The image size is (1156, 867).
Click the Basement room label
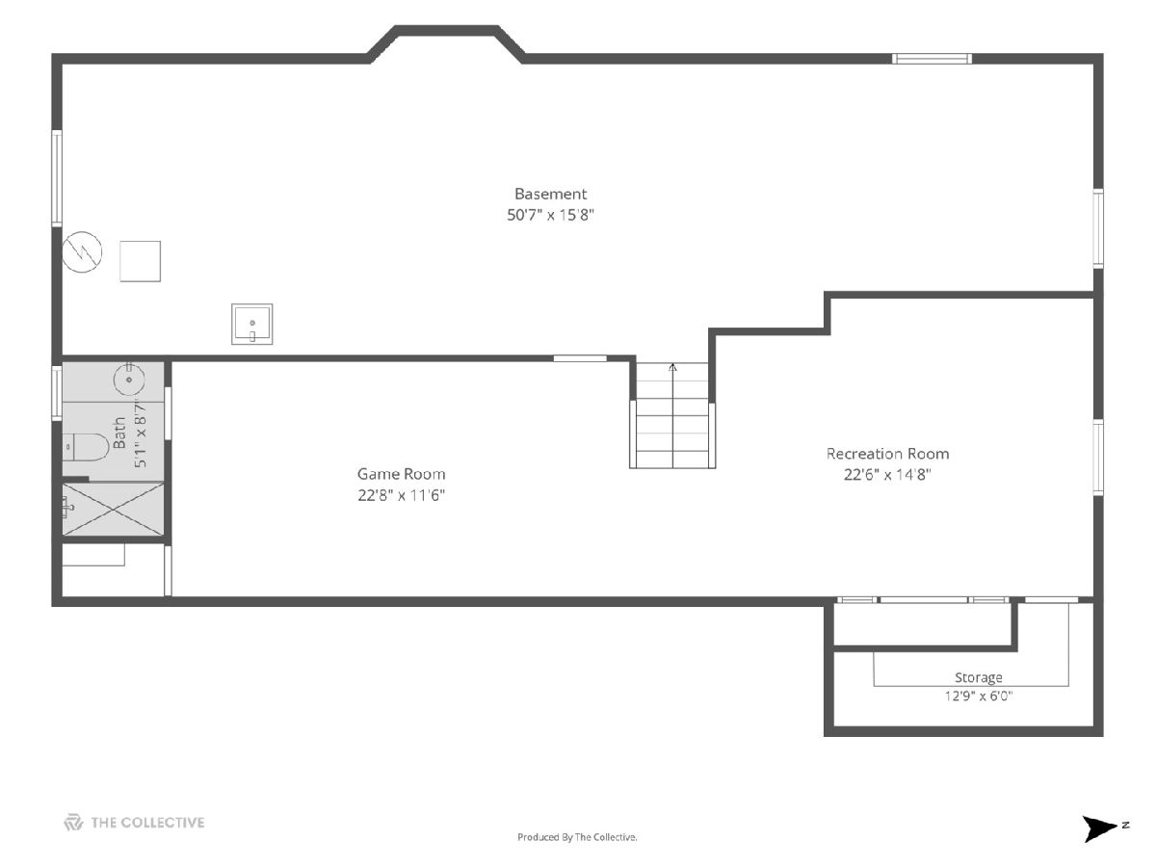tap(550, 194)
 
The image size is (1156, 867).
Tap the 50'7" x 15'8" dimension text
tap(550, 215)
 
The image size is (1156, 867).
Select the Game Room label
tap(402, 474)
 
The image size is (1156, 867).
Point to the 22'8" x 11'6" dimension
tap(402, 495)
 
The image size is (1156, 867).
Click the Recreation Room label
tap(887, 454)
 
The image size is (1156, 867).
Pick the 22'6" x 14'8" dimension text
tap(887, 475)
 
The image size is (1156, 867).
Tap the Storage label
tap(979, 677)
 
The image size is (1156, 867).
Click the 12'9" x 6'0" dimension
tap(979, 696)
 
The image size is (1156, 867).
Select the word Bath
tap(119, 433)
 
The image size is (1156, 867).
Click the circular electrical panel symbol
tap(82, 252)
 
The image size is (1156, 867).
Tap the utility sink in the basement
tap(252, 325)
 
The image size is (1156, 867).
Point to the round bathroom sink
tap(129, 379)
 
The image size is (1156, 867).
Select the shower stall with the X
tap(113, 509)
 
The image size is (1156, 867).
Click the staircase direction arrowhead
tap(672, 367)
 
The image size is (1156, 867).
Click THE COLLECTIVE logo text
tap(147, 823)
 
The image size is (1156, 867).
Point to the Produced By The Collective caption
tap(577, 837)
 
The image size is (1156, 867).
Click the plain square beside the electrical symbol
tap(140, 261)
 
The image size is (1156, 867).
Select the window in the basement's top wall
tap(932, 59)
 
